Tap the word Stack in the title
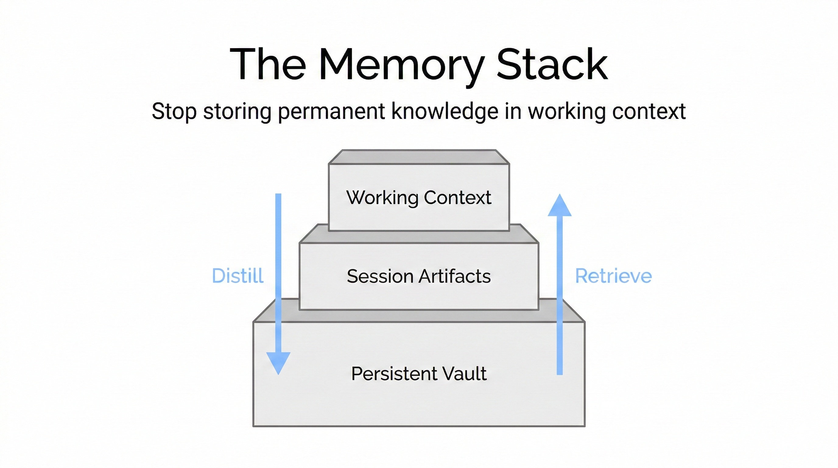tap(552, 64)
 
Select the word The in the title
tap(268, 64)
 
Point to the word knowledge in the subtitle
tap(445, 111)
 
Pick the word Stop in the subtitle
tap(174, 111)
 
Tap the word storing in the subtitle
tap(237, 111)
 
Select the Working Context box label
tap(419, 197)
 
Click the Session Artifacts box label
tap(419, 276)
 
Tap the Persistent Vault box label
tap(419, 373)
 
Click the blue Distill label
tap(238, 276)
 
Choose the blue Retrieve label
tap(613, 276)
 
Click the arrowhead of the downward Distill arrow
tap(278, 362)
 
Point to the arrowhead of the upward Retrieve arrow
tap(560, 206)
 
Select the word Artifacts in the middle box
tap(454, 276)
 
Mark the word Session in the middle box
tap(380, 276)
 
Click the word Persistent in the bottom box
tap(394, 373)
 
